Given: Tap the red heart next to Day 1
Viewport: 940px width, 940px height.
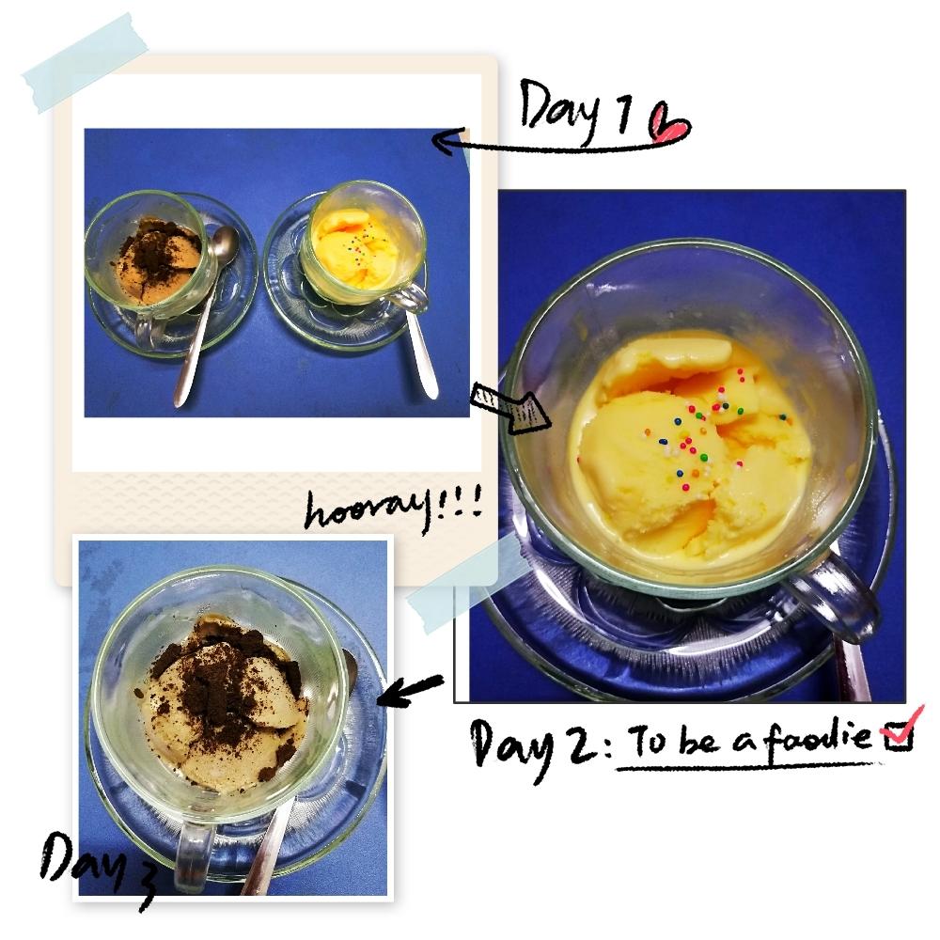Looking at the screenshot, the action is (669, 124).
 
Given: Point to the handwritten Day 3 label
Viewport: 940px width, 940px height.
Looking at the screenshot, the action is (96, 864).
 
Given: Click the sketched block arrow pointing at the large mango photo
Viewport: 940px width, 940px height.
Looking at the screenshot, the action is (509, 408).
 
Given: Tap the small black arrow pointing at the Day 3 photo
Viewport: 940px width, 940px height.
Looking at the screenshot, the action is (410, 689).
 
